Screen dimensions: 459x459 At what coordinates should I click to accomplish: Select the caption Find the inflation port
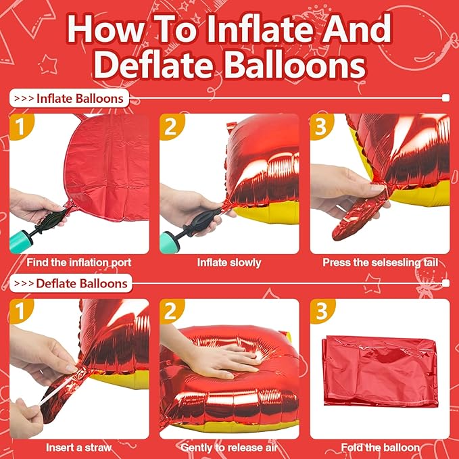80,262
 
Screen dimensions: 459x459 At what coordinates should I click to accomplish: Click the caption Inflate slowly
229,262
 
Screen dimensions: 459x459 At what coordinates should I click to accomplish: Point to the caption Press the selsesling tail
379,262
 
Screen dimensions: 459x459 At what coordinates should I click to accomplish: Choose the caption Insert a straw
80,448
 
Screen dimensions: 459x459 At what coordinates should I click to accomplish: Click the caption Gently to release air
229,448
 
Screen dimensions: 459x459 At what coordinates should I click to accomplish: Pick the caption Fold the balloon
379,448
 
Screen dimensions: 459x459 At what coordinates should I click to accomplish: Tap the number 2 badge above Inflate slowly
170,126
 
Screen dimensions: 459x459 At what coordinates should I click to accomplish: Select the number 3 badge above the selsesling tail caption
320,126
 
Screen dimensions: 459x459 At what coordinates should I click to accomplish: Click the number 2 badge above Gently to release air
170,312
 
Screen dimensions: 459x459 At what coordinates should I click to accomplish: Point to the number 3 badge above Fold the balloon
320,312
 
